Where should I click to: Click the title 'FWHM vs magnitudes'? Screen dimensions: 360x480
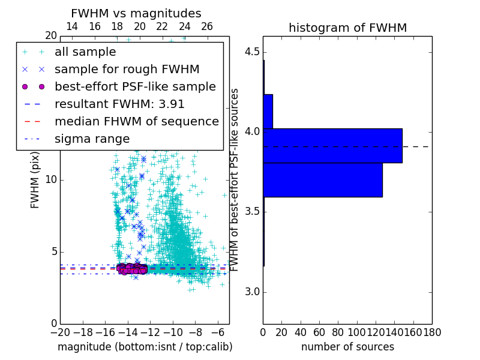coord(136,14)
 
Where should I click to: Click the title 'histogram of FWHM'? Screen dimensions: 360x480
coord(347,28)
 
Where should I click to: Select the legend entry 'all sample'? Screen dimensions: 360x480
coord(85,52)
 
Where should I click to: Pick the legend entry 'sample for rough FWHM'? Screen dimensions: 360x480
coord(127,70)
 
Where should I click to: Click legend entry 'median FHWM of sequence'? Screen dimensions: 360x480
coord(136,122)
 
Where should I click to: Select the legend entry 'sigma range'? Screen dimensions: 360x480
coord(92,139)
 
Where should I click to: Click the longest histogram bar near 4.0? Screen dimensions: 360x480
coord(332,145)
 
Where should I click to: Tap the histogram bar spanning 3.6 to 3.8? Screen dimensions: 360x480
coord(322,179)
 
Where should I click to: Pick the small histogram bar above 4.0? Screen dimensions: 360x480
coord(268,111)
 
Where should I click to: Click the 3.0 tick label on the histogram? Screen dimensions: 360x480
coord(251,292)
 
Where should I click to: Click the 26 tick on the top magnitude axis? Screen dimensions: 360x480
coord(207,26)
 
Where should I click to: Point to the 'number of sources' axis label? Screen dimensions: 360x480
coord(347,347)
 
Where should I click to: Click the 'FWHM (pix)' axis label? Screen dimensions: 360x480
coord(35,180)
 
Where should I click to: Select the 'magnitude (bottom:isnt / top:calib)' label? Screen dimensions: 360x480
coord(145,347)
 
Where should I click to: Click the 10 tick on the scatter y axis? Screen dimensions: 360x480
coord(50,180)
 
